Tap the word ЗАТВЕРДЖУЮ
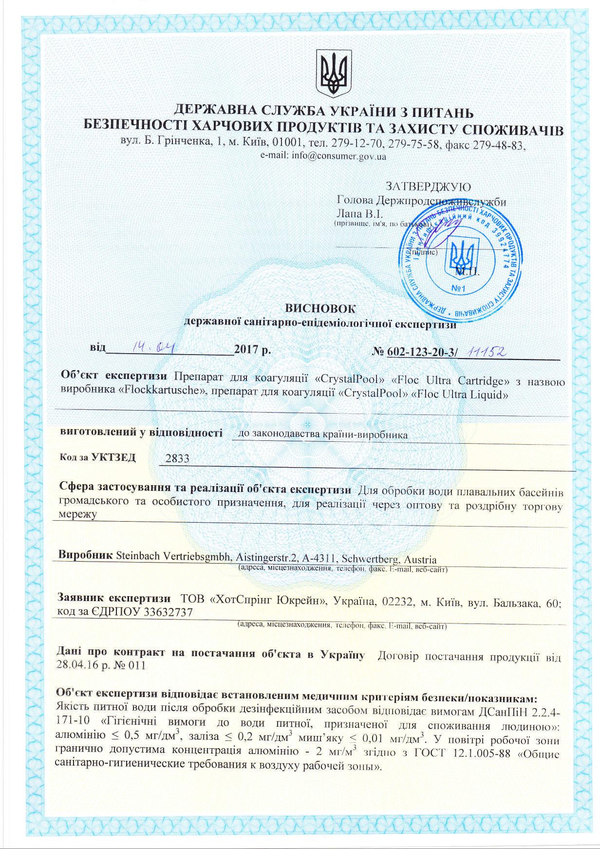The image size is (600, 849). click(428, 187)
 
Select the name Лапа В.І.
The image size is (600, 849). click(360, 213)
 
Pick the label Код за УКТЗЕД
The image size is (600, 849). click(97, 457)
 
